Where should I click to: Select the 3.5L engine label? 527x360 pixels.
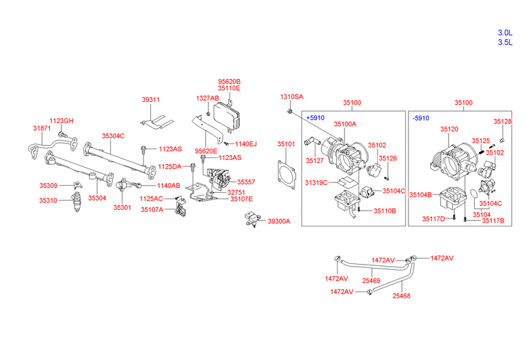(505, 43)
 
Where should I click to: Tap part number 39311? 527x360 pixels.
(151, 100)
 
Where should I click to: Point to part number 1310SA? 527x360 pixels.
(292, 97)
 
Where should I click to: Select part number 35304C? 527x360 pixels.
(113, 136)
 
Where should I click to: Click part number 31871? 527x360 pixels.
(42, 128)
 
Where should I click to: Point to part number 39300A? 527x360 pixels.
(279, 222)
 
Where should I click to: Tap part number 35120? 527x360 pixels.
(449, 130)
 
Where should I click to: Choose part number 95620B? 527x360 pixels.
(229, 82)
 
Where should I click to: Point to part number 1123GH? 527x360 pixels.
(63, 120)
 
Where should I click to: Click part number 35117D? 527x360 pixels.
(433, 218)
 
